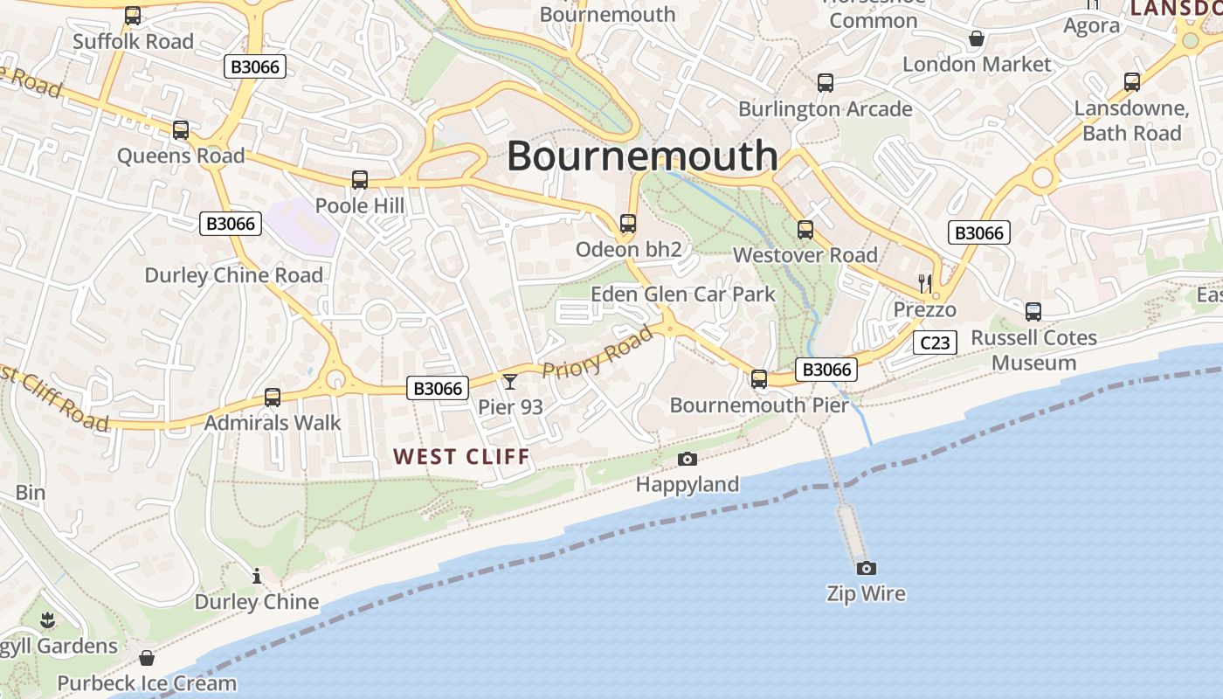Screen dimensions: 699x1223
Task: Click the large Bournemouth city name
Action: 642,156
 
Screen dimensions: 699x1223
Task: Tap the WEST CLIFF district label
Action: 461,456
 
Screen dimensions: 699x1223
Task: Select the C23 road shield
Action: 935,343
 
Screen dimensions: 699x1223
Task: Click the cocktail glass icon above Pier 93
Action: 510,381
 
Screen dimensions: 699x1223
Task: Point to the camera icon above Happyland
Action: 688,459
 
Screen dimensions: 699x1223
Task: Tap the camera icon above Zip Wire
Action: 866,568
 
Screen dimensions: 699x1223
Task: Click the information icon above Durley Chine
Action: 257,576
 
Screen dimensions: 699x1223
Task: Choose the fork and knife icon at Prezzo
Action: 925,283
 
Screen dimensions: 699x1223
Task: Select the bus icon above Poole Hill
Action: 360,180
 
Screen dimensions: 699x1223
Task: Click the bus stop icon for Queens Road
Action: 181,130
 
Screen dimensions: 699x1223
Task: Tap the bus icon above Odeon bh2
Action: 628,224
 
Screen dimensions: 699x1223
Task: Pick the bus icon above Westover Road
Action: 805,230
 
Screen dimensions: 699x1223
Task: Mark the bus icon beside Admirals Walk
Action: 273,398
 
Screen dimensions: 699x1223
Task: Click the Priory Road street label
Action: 598,352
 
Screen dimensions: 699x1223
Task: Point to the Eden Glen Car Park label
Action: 683,294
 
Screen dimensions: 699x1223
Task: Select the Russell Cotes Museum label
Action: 1033,349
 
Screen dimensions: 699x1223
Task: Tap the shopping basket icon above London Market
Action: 977,38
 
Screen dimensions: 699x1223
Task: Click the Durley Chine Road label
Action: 233,275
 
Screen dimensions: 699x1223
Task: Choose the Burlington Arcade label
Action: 826,109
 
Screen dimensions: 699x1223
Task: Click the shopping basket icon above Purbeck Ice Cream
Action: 147,657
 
